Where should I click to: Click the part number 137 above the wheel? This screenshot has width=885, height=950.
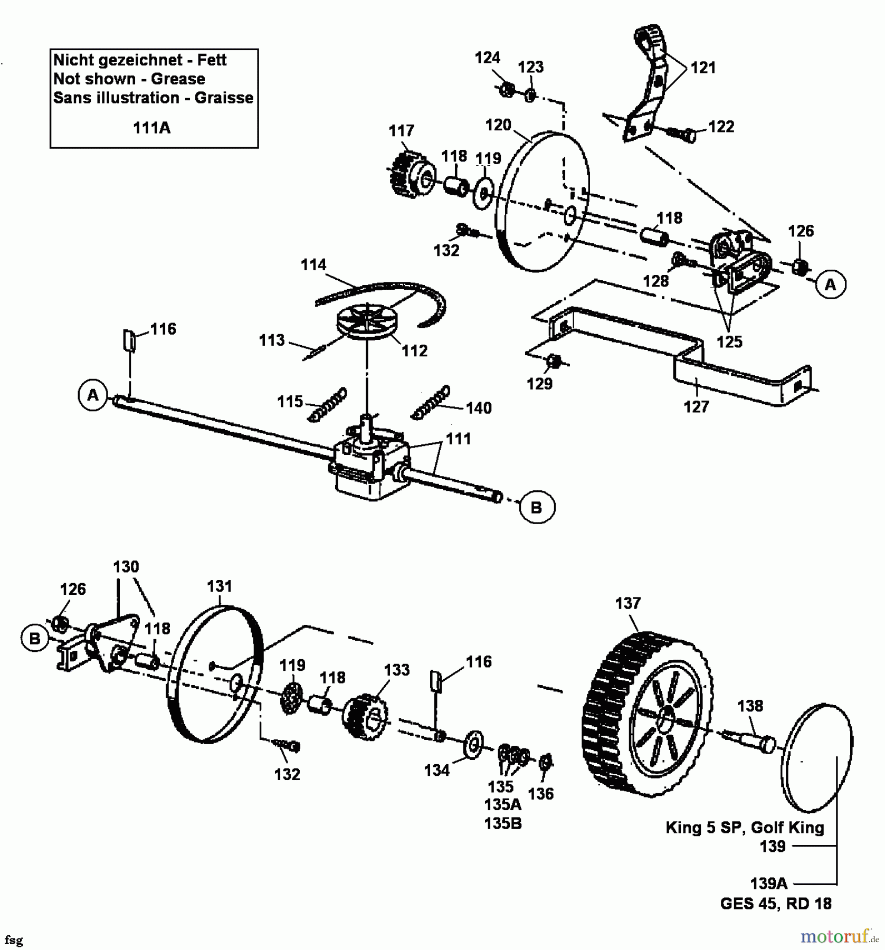pos(627,603)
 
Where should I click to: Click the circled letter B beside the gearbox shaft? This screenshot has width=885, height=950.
pos(536,507)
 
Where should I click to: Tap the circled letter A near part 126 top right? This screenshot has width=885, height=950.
pos(830,284)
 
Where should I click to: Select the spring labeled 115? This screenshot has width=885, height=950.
pos(328,405)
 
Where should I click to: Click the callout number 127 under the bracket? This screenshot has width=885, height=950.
pos(696,407)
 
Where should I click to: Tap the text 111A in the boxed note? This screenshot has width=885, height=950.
pos(151,128)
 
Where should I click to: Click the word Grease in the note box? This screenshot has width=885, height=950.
pos(178,79)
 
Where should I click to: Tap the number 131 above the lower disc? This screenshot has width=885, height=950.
pos(220,586)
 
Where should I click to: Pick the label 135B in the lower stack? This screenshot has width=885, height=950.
pos(503,823)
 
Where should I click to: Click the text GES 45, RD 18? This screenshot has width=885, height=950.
pos(776,904)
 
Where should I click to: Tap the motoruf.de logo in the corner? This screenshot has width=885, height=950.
pos(839,936)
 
